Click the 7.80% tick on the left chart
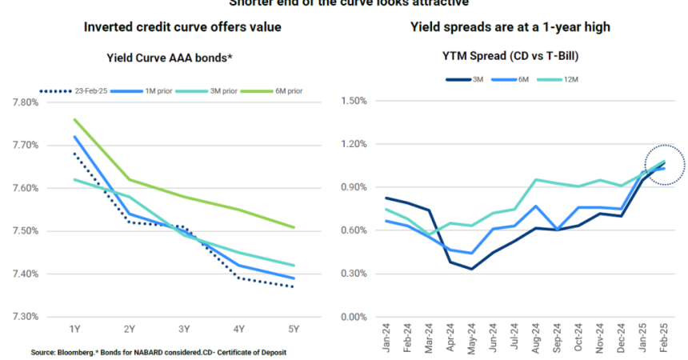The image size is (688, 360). (x=25, y=102)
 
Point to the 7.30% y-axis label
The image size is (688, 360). (x=25, y=317)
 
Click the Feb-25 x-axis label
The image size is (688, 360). (x=663, y=341)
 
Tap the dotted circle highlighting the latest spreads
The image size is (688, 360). (x=664, y=165)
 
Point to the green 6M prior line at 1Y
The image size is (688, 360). (x=74, y=120)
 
